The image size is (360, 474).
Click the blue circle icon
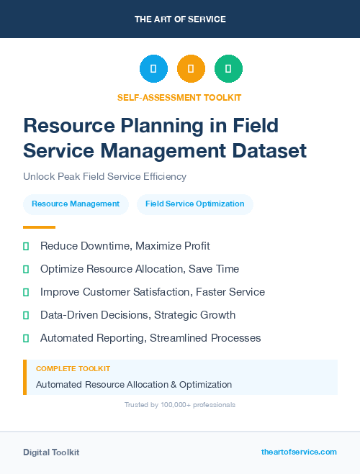[x=153, y=68]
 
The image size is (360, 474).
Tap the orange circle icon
[x=191, y=68]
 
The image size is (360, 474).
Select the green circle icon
[x=228, y=68]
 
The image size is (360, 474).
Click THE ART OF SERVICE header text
[x=180, y=19]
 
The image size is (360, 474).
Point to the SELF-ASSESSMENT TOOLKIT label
[x=179, y=97]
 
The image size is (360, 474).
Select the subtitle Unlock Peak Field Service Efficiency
[x=104, y=176]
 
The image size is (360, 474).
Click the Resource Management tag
[x=76, y=204]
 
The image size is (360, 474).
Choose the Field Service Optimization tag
[x=194, y=204]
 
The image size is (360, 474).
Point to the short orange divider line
[x=39, y=227]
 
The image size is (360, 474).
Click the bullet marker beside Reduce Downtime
[x=26, y=246]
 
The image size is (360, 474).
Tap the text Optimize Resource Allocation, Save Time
[x=140, y=269]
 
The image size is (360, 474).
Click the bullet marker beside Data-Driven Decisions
[x=26, y=315]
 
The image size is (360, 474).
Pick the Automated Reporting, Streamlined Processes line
[x=150, y=338]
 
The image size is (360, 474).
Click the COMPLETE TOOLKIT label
[x=73, y=368]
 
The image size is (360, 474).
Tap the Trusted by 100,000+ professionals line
[x=180, y=405]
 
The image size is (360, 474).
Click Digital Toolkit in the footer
[x=51, y=452]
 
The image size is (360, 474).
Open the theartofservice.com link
[x=299, y=452]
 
